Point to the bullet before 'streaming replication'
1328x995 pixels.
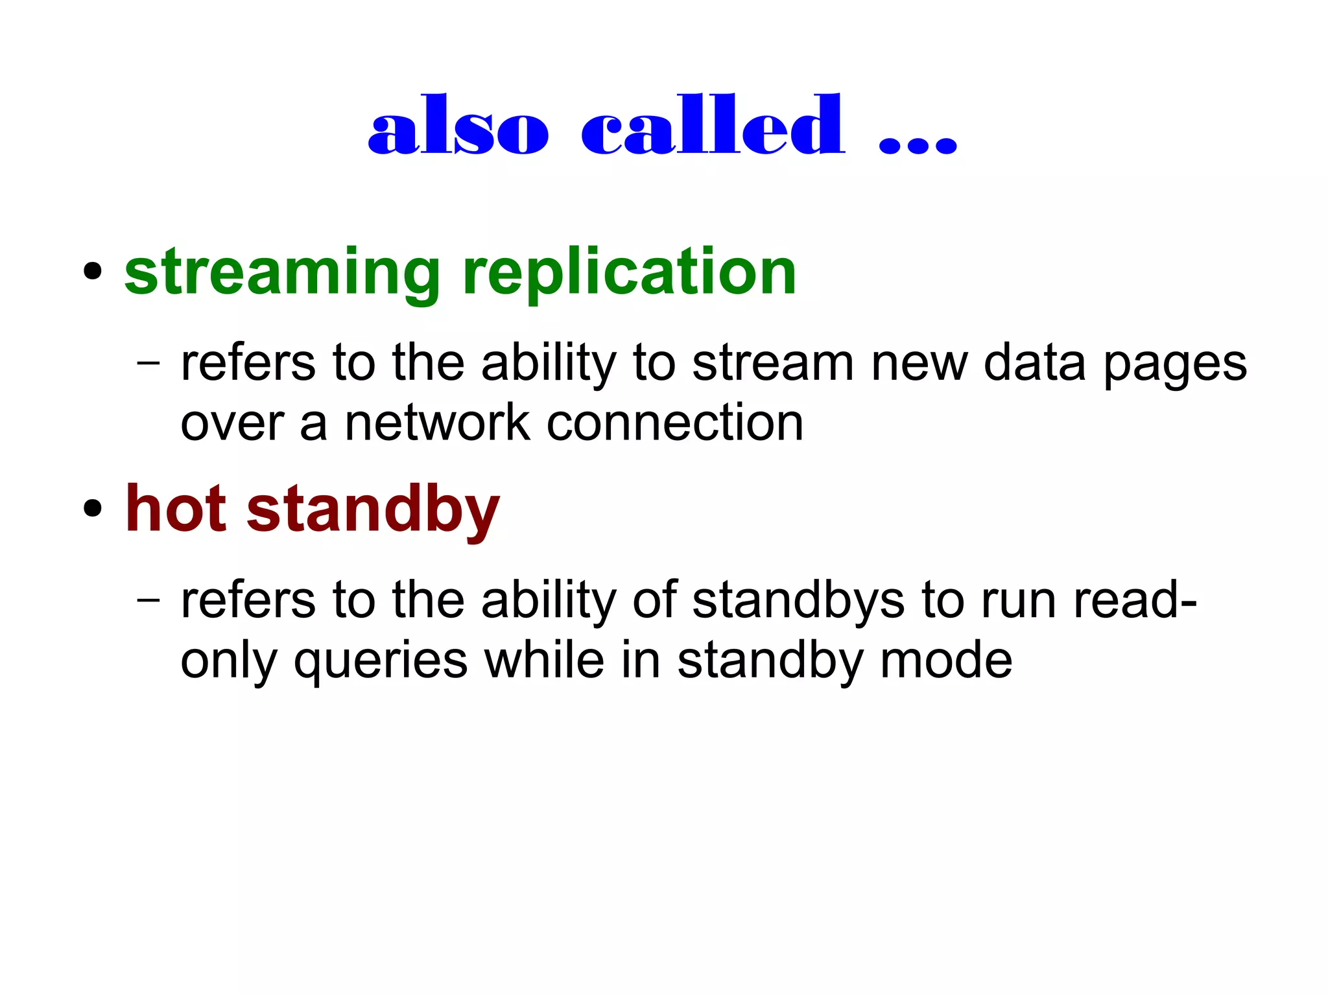(x=93, y=272)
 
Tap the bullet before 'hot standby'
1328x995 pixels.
(x=93, y=509)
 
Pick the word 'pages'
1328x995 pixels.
(x=1175, y=366)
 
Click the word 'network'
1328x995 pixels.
(x=437, y=423)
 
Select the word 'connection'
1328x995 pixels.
(x=674, y=423)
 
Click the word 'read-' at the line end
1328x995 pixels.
(x=1135, y=600)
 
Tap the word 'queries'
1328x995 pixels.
(x=381, y=662)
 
